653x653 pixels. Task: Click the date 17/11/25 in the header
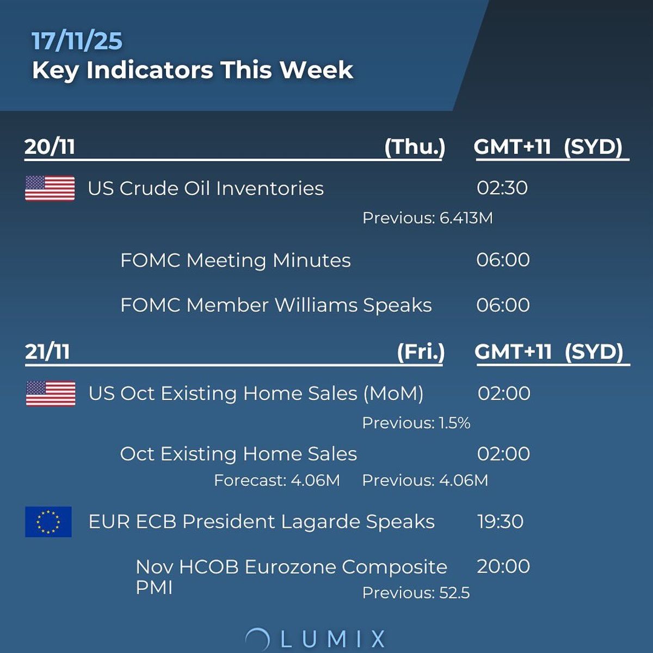click(x=77, y=41)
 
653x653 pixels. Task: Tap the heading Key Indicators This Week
click(x=193, y=70)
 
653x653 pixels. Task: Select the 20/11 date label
click(x=50, y=147)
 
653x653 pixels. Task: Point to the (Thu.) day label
click(x=415, y=147)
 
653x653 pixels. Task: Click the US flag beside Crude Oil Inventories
click(x=50, y=188)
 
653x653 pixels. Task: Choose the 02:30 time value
click(x=502, y=188)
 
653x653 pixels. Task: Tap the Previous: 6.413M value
click(x=427, y=218)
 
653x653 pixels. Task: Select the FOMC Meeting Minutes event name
click(x=235, y=260)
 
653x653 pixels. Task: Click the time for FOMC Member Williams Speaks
click(x=503, y=305)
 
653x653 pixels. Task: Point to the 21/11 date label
click(x=47, y=352)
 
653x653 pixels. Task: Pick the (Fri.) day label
click(x=421, y=352)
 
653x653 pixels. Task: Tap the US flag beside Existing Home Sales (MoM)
click(x=51, y=393)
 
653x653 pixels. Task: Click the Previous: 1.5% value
click(x=416, y=423)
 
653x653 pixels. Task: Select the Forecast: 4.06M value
click(x=276, y=480)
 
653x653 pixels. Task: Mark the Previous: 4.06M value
click(x=425, y=480)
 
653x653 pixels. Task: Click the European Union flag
click(x=48, y=522)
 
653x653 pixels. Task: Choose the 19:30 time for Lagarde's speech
click(x=500, y=522)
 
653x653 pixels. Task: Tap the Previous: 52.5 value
click(x=416, y=593)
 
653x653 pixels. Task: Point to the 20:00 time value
click(x=503, y=566)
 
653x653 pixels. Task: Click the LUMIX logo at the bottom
click(x=316, y=638)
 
